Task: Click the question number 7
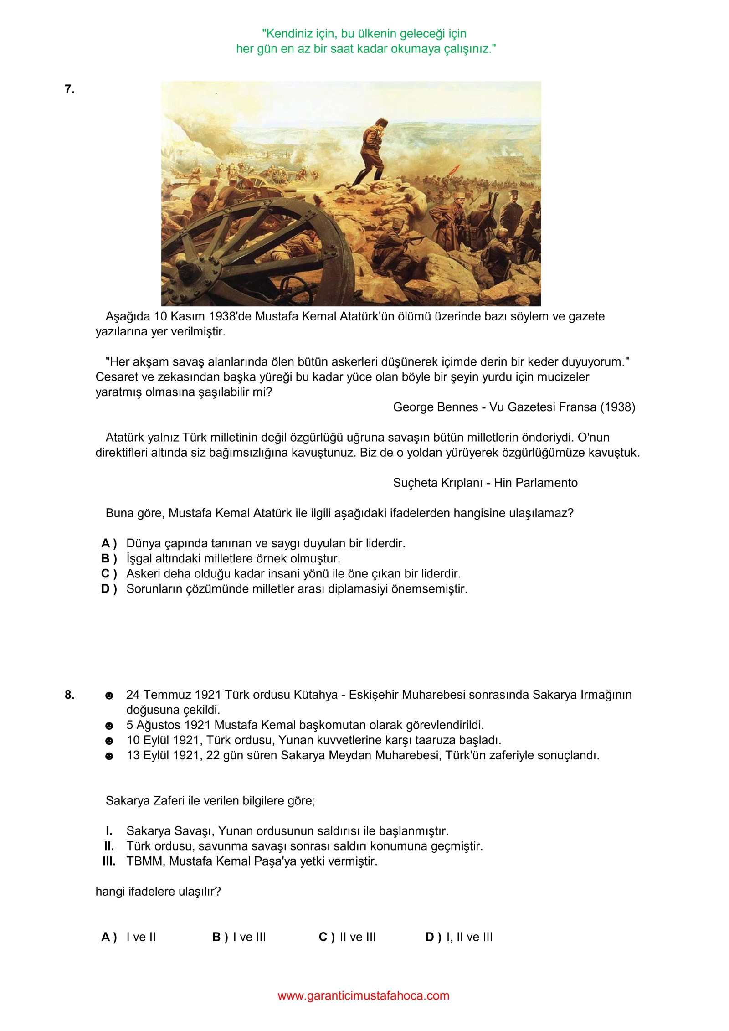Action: [69, 89]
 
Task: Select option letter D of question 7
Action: [108, 589]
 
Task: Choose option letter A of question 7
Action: [108, 543]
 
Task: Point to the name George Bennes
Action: [435, 407]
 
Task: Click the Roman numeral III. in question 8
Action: [108, 861]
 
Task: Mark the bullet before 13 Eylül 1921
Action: [109, 756]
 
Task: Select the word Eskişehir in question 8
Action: [387, 695]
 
